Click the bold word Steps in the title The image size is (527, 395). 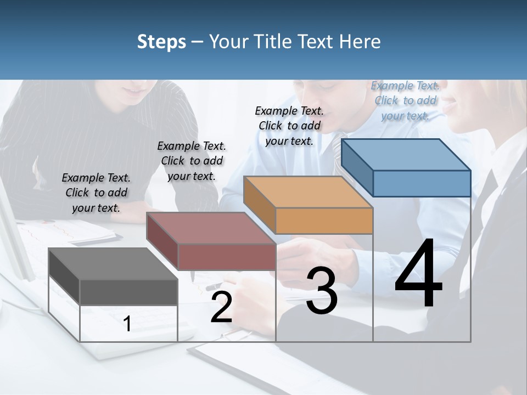161,42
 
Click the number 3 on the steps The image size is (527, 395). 322,291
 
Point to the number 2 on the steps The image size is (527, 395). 221,308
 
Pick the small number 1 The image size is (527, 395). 127,324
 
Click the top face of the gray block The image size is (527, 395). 113,263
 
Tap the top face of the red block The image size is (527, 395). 211,228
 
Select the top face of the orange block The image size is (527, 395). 308,191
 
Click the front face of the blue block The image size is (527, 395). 422,183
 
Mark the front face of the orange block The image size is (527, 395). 324,221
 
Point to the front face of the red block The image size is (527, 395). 227,257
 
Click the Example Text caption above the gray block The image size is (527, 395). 96,193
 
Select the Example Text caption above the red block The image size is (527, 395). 192,161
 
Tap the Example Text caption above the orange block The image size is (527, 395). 289,126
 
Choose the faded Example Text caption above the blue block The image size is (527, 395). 405,100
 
